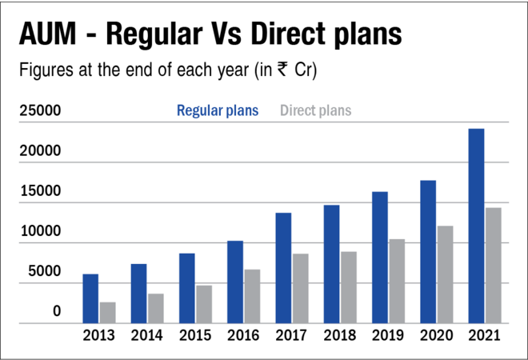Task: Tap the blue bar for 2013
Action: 91,298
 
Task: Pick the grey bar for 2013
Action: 108,313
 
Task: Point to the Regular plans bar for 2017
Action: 283,268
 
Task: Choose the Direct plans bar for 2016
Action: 252,296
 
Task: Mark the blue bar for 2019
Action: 380,258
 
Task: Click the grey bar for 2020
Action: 445,274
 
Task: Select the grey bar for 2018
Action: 349,287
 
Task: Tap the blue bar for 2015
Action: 187,288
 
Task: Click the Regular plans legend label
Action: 218,110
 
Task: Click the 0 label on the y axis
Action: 57,311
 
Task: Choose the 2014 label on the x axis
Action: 147,336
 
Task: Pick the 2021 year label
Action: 484,336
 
